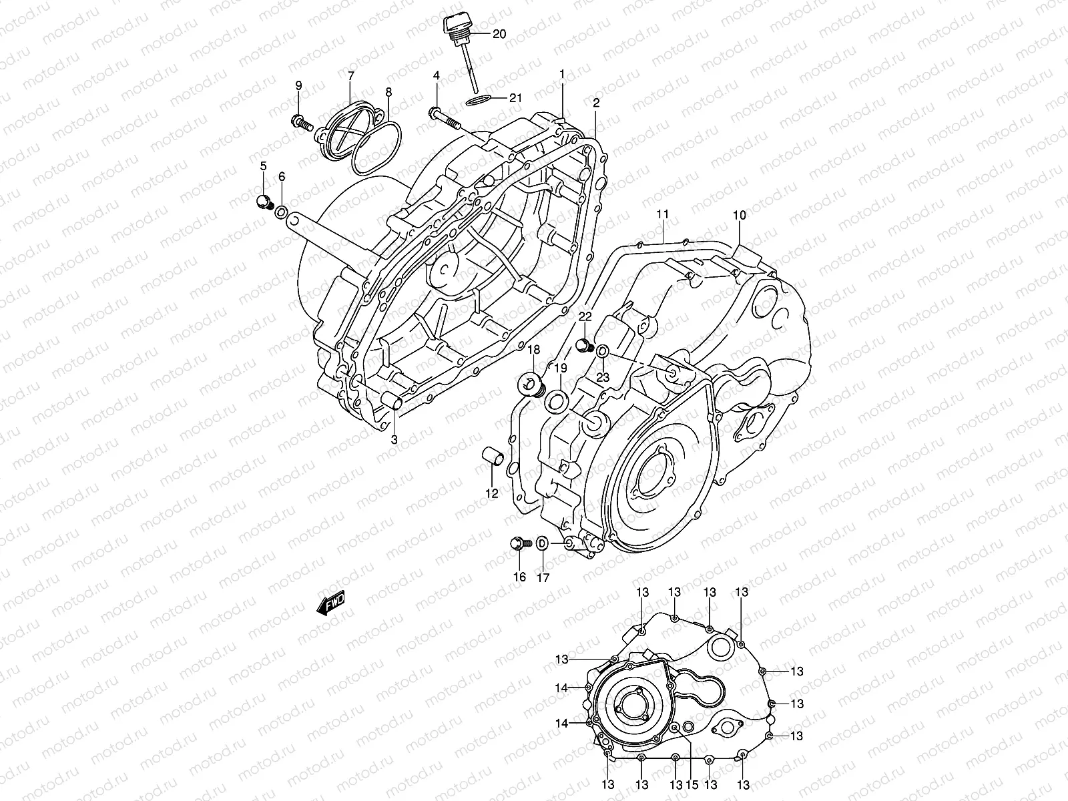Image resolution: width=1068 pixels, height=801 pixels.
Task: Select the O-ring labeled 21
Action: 477,99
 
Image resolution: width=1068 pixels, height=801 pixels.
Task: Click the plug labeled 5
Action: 264,201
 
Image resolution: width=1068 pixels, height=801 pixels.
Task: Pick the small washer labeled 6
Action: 282,213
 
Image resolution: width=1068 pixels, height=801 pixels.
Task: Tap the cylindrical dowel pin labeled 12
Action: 492,460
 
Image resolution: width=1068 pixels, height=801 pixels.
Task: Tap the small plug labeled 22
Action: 585,346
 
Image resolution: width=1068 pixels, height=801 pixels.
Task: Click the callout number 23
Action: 603,377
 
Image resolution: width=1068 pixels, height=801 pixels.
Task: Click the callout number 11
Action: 662,214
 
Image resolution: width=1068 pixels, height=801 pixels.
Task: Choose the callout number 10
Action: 739,215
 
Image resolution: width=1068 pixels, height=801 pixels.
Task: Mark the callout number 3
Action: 394,439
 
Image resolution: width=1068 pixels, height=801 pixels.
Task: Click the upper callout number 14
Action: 561,688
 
